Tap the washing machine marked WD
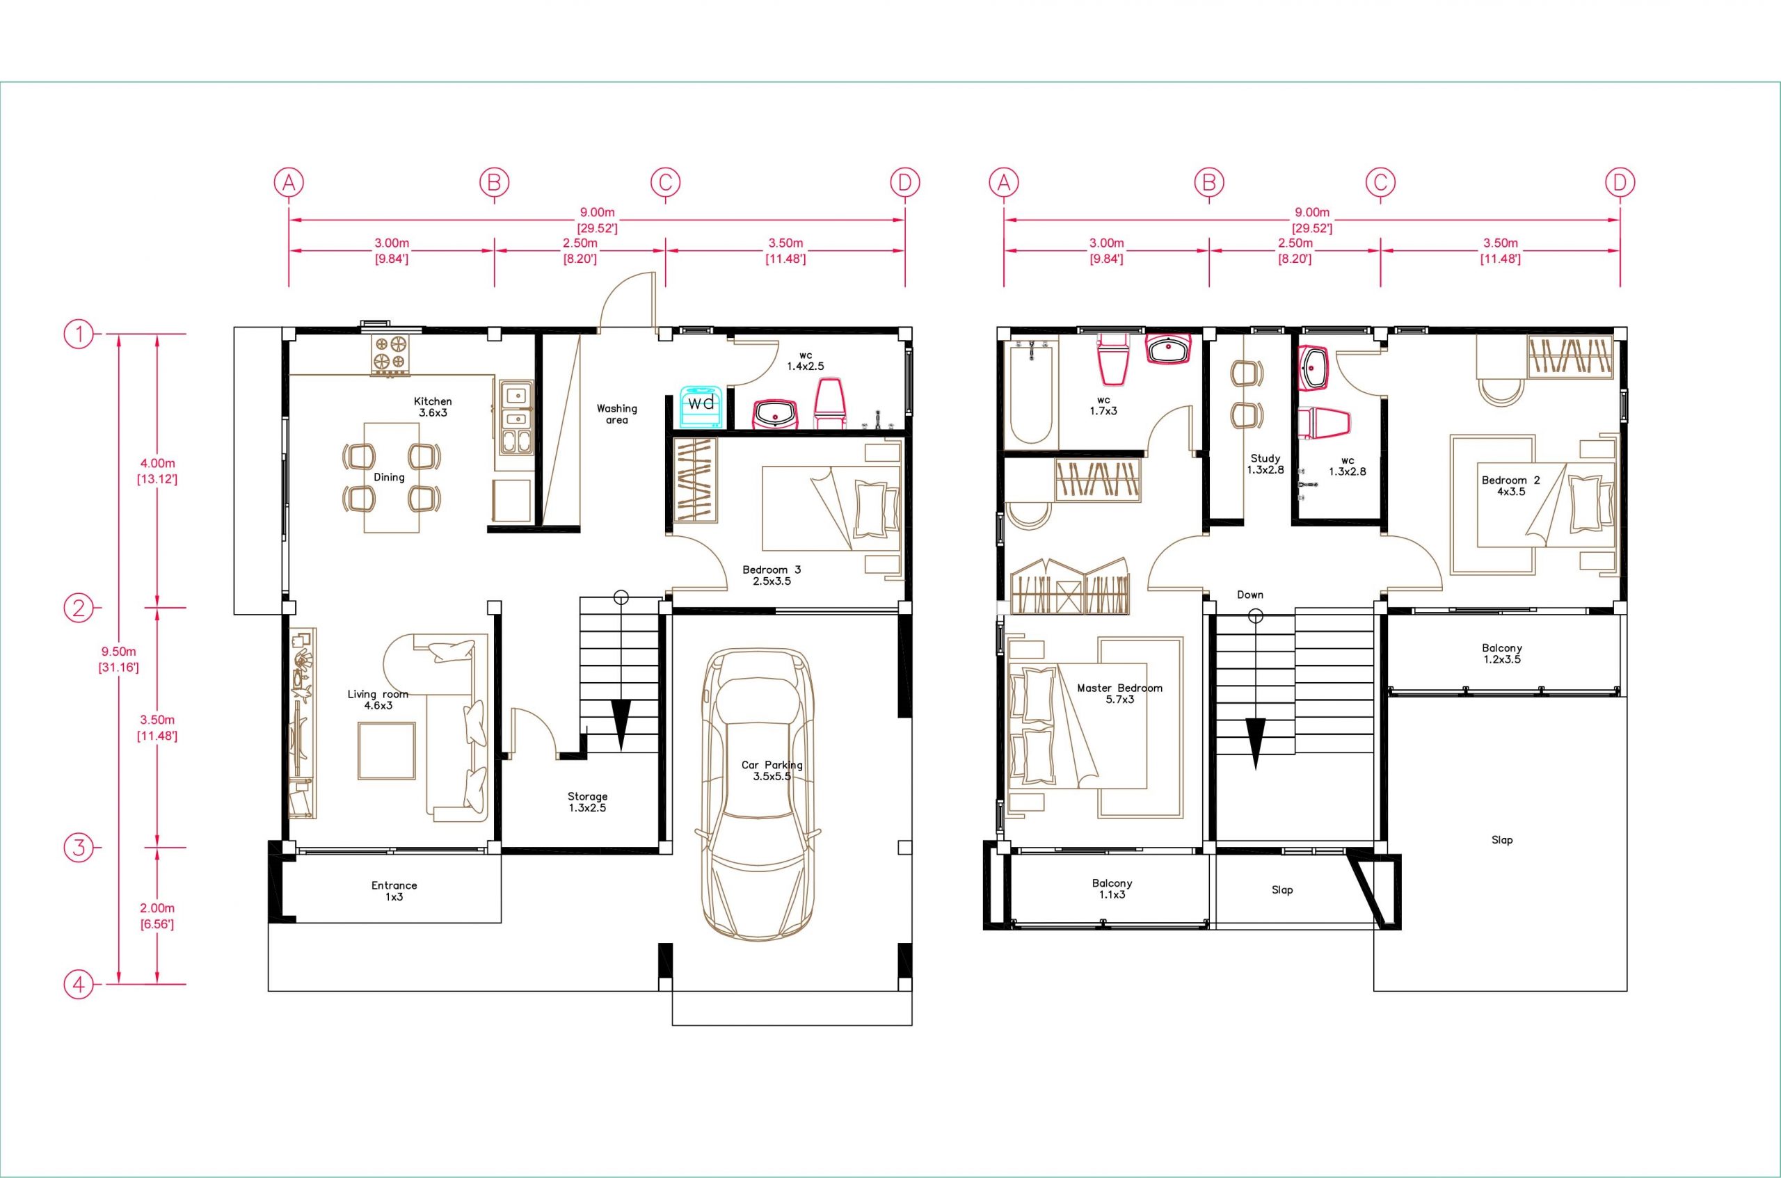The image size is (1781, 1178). point(701,409)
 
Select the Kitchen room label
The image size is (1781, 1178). point(433,406)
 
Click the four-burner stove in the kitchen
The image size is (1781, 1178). point(392,355)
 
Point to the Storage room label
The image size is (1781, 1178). point(587,802)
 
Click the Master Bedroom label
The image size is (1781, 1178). point(1119,693)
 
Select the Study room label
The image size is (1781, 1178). point(1265,464)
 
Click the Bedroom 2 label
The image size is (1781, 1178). point(1510,485)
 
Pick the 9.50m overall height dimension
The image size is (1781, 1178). point(118,658)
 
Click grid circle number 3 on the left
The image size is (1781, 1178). point(78,848)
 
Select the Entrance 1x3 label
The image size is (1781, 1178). point(394,890)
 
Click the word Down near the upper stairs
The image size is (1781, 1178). point(1249,595)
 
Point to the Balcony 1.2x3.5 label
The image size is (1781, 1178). point(1501,653)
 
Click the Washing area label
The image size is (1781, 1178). point(616,414)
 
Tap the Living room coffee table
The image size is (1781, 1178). point(387,751)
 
